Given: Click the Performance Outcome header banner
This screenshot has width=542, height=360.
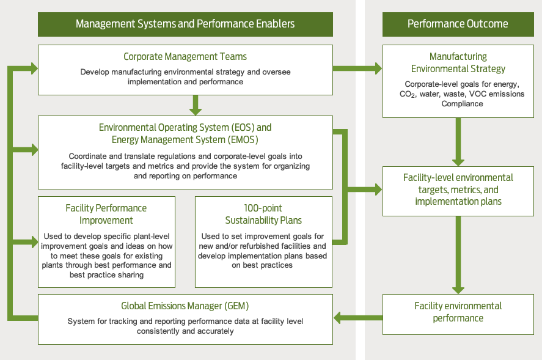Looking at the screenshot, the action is (458, 24).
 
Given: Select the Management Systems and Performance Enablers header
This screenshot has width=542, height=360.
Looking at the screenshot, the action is (185, 24).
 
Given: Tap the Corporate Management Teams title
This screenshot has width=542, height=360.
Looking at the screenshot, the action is (185, 56).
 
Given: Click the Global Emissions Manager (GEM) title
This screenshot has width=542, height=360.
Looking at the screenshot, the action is (185, 306).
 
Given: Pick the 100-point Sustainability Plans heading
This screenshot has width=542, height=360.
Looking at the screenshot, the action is (263, 214).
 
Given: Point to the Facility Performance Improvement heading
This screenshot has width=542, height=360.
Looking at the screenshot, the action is (106, 214).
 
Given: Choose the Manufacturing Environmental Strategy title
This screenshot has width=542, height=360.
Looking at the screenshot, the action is (458, 62).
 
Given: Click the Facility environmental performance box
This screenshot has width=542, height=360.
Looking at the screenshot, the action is (458, 314).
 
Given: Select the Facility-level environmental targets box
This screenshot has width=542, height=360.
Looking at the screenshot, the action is (458, 191).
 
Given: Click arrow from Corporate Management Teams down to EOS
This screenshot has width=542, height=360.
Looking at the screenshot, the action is (196, 105).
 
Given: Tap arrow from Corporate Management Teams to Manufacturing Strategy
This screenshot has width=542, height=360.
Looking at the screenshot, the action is (357, 68).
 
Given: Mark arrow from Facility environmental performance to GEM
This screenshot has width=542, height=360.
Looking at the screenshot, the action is (358, 317).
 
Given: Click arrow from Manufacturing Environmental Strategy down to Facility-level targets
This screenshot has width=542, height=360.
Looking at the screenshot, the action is (458, 142).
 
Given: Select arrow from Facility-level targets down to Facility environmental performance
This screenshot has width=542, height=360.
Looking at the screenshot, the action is (458, 255).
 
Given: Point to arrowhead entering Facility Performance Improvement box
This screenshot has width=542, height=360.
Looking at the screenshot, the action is (35, 241).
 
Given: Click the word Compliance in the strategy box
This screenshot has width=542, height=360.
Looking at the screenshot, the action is (462, 104).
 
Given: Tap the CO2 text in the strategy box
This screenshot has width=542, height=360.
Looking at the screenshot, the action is (408, 94).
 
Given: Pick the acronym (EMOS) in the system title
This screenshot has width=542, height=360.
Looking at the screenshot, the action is (243, 140).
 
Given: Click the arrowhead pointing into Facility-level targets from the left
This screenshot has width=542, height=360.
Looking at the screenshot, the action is (378, 189).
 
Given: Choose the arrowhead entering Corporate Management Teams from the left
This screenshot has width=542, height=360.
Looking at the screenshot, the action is (35, 68).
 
